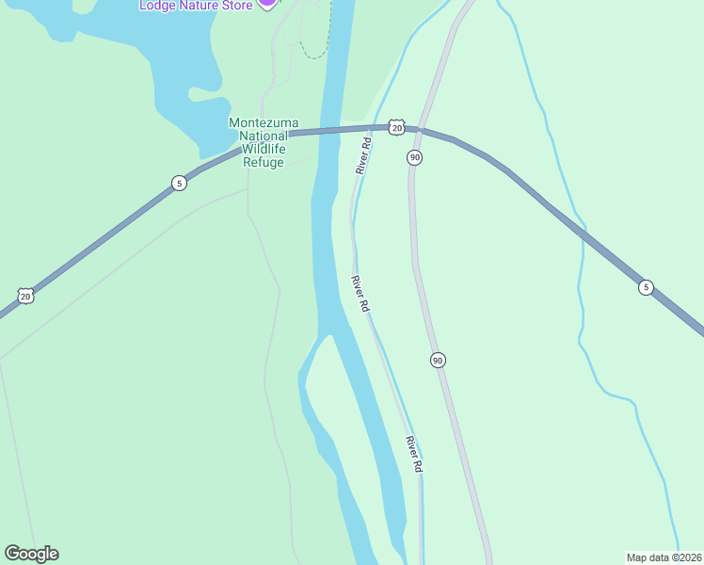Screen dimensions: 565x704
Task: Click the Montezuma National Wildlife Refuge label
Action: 258,142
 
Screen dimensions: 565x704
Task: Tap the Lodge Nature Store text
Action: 196,6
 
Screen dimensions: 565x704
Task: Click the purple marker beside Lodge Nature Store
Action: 267,3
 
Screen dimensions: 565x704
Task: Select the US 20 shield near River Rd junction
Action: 396,127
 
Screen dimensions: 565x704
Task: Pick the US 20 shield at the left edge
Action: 25,296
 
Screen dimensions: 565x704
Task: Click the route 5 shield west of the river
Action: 179,183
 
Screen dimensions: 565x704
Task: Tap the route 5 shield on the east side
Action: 645,287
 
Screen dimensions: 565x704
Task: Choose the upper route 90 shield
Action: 414,157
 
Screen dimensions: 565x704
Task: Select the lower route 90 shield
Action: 438,360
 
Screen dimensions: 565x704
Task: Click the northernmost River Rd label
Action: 363,155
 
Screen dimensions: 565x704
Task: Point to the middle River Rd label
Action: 360,294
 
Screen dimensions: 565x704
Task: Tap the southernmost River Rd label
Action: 414,454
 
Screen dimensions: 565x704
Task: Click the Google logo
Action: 31,554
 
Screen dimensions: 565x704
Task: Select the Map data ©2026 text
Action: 664,557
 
